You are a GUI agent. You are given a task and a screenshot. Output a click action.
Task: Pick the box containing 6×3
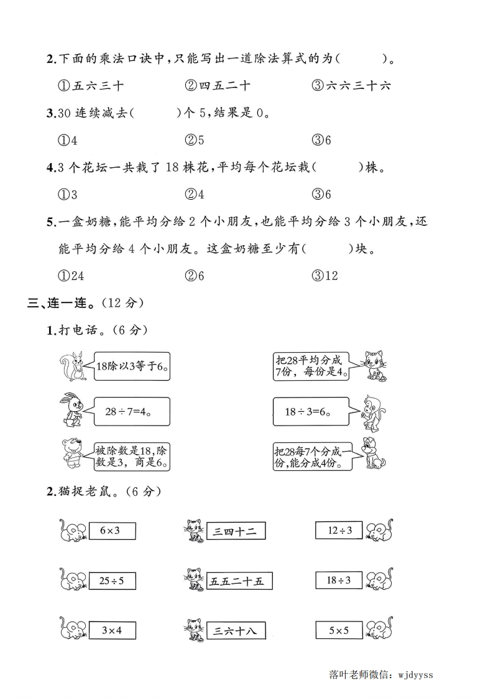tap(112, 531)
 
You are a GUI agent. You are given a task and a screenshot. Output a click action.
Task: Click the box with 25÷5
tap(112, 580)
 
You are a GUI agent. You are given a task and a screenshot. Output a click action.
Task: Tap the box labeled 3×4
tap(112, 630)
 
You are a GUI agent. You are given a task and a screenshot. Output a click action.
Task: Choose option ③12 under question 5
tap(325, 275)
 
